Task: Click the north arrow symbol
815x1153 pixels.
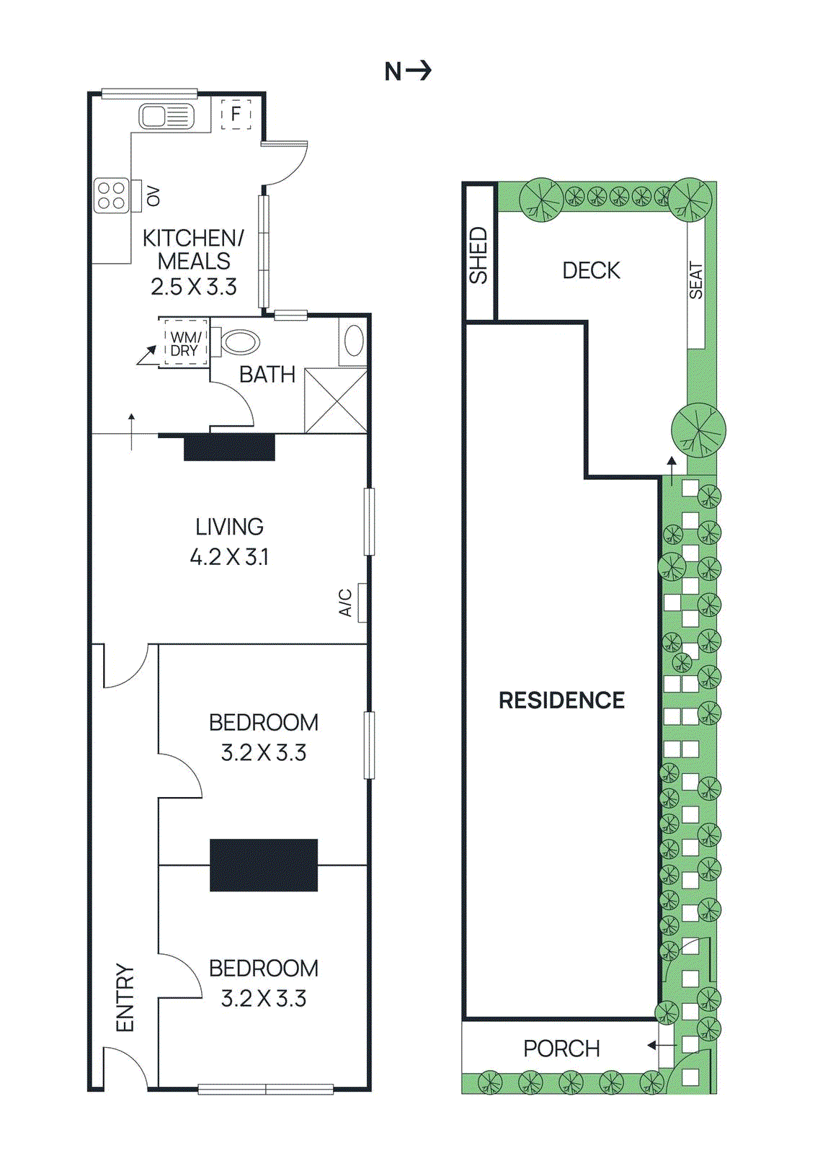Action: [408, 71]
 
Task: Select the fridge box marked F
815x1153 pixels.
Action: [236, 114]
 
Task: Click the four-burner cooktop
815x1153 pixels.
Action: [112, 195]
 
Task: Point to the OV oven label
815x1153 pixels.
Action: [153, 196]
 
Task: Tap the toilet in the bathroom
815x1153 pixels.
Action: [238, 342]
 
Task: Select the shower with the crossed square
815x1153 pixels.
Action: [336, 401]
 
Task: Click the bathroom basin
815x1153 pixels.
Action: [354, 341]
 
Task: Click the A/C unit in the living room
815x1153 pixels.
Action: [362, 602]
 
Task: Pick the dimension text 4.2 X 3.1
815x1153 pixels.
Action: [229, 557]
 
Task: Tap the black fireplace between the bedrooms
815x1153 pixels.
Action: [264, 865]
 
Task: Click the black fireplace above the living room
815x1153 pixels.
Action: [229, 447]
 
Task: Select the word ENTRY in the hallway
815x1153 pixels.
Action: [125, 998]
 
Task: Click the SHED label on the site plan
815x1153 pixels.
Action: [478, 255]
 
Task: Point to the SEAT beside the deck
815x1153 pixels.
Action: [695, 281]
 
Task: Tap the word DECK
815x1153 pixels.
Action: [591, 271]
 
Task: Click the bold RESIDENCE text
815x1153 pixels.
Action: [561, 700]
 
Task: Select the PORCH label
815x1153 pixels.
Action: [561, 1049]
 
